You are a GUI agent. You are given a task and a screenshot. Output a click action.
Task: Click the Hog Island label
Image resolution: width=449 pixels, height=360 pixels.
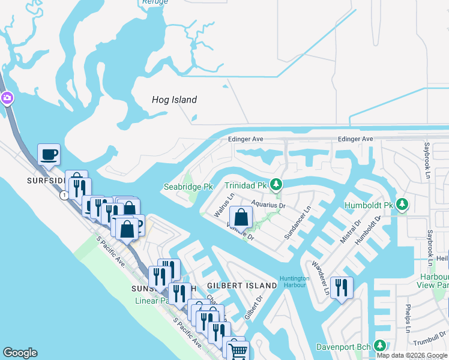174,100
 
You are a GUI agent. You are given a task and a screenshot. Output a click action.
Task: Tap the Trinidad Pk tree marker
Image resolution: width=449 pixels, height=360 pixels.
276,184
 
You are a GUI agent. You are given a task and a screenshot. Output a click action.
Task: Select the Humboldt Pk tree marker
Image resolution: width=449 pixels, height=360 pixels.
402,205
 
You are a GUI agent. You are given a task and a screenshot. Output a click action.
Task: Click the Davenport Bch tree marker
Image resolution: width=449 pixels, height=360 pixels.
379,346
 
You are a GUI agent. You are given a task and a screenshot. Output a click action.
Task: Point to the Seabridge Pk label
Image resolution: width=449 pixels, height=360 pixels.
188,187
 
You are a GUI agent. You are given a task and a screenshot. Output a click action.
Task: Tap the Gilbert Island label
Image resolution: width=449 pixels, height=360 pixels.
242,286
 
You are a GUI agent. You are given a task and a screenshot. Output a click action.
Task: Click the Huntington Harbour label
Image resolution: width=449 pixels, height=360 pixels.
294,281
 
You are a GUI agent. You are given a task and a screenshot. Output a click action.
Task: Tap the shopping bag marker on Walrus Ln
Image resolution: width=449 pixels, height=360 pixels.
241,217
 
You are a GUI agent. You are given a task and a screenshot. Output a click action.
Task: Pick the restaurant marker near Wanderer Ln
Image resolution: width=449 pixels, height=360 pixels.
341,287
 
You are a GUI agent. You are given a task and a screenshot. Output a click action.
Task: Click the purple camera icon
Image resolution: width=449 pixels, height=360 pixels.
7,98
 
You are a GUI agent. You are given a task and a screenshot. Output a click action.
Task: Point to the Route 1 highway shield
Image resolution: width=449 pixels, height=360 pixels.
63,195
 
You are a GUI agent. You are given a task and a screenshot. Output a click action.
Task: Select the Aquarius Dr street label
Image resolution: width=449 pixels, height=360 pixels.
268,205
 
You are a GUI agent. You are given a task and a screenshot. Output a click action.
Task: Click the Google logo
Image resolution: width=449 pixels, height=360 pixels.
20,353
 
